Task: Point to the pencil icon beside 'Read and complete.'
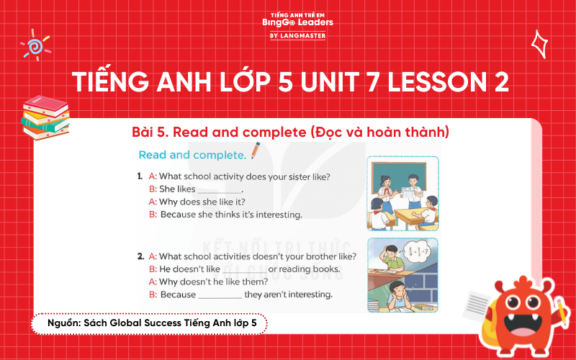(x=255, y=152)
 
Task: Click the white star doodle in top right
(x=539, y=44)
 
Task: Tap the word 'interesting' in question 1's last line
(x=276, y=215)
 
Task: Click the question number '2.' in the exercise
(x=140, y=256)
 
